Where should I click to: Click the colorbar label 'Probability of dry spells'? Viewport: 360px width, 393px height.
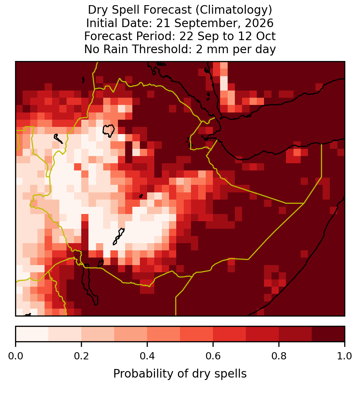point(180,374)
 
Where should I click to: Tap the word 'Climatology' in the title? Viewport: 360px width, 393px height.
point(232,10)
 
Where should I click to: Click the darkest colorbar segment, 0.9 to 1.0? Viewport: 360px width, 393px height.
point(328,334)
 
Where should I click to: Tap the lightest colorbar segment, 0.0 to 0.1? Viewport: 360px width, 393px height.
point(32,334)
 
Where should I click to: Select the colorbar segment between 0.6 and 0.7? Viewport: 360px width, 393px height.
point(229,334)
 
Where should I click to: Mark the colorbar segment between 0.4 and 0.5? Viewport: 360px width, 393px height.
point(164,334)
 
